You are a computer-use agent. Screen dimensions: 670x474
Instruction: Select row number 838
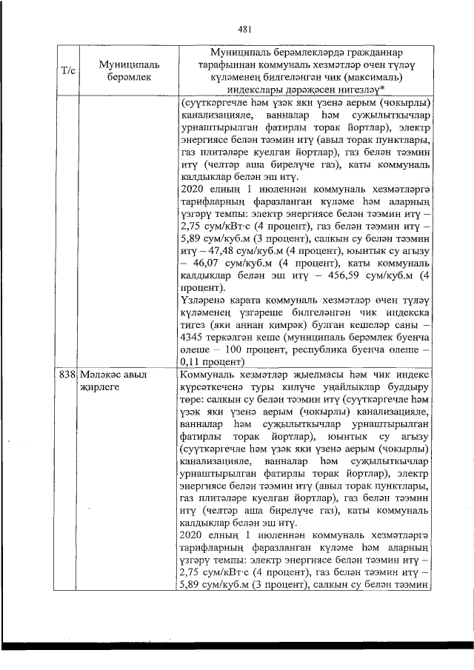67,375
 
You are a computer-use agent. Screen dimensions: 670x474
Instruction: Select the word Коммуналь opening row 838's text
209,375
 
